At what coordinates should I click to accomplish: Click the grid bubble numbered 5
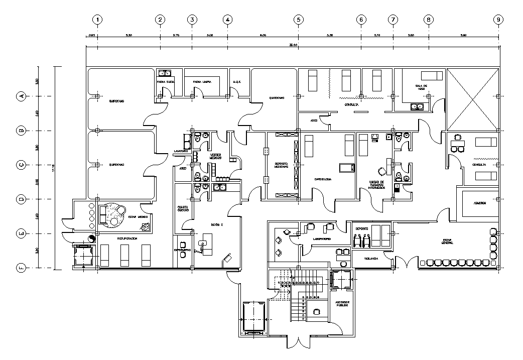point(298,20)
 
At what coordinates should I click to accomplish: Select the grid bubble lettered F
point(22,268)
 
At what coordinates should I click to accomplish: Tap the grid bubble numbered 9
point(498,20)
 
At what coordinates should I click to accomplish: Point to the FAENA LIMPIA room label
point(201,81)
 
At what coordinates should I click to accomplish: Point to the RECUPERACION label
point(123,239)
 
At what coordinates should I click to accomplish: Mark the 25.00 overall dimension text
point(293,45)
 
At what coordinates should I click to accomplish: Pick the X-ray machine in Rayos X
point(206,246)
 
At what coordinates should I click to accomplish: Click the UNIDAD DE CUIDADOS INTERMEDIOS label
point(376,185)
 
